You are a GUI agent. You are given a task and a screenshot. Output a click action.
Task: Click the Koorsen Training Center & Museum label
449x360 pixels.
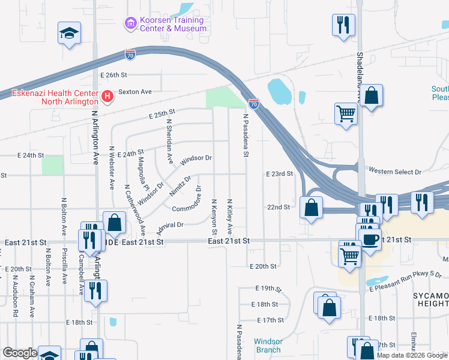(x=173, y=24)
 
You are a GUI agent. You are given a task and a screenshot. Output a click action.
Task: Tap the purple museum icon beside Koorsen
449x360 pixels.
(x=130, y=24)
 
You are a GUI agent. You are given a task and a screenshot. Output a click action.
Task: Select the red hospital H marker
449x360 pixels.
(x=107, y=97)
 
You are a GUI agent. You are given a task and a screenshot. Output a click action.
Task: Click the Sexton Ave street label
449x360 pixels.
(x=135, y=92)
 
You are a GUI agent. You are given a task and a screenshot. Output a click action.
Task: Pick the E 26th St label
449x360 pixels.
(x=115, y=75)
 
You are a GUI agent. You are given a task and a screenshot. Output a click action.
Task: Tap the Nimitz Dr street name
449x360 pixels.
(x=180, y=187)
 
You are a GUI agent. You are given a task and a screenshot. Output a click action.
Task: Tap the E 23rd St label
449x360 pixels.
(x=279, y=173)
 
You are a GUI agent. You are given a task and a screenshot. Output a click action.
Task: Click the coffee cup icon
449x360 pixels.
(x=370, y=238)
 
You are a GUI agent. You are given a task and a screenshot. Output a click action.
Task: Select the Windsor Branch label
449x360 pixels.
(x=268, y=346)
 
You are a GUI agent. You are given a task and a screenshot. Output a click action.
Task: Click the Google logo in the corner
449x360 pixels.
(x=20, y=353)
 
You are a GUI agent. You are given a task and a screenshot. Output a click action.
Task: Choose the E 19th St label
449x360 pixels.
(x=267, y=288)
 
